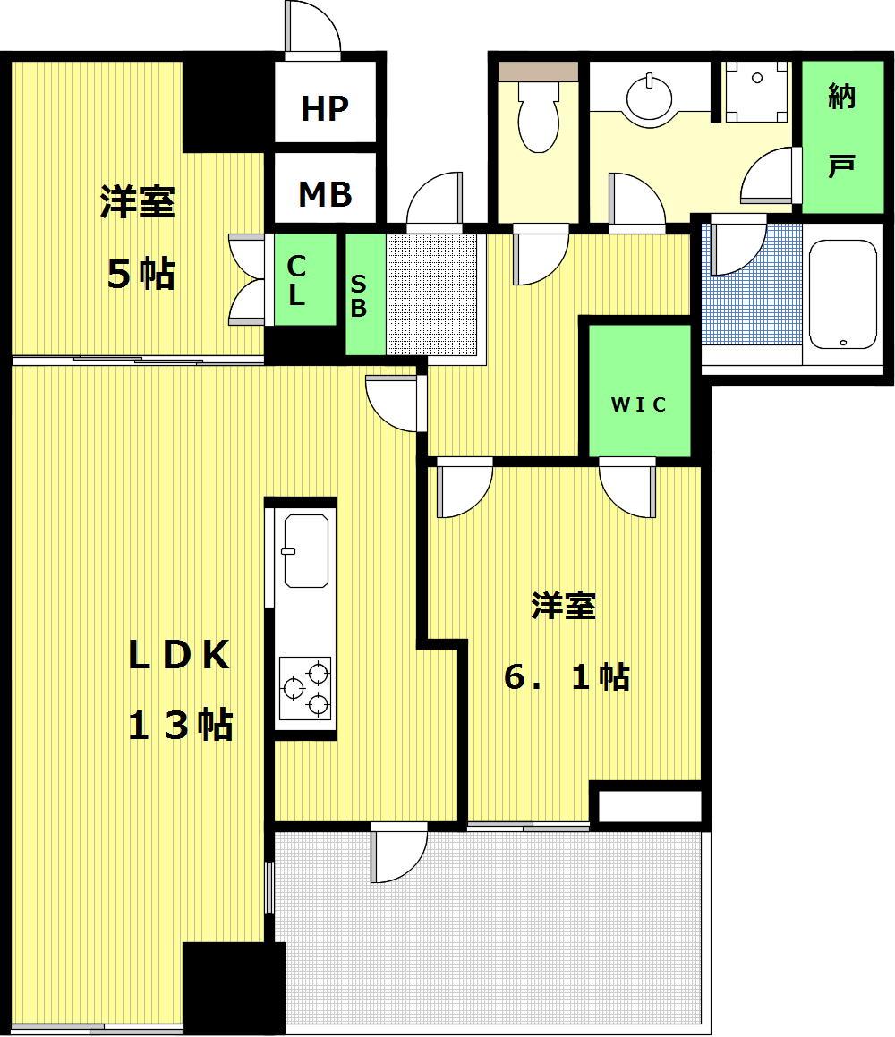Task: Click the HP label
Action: coord(324,108)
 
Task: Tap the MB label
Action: coord(325,194)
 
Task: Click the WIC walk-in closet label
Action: coord(638,404)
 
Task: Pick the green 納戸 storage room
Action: coord(843,136)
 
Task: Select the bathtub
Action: coord(843,294)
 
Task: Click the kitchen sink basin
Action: coord(306,551)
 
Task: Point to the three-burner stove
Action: coord(305,688)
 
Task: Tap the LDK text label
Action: coord(179,655)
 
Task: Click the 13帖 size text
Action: coord(179,724)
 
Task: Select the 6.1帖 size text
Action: coord(567,676)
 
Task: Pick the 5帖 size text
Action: coord(141,274)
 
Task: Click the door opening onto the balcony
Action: coord(398,854)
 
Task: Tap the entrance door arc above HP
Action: coord(312,27)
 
